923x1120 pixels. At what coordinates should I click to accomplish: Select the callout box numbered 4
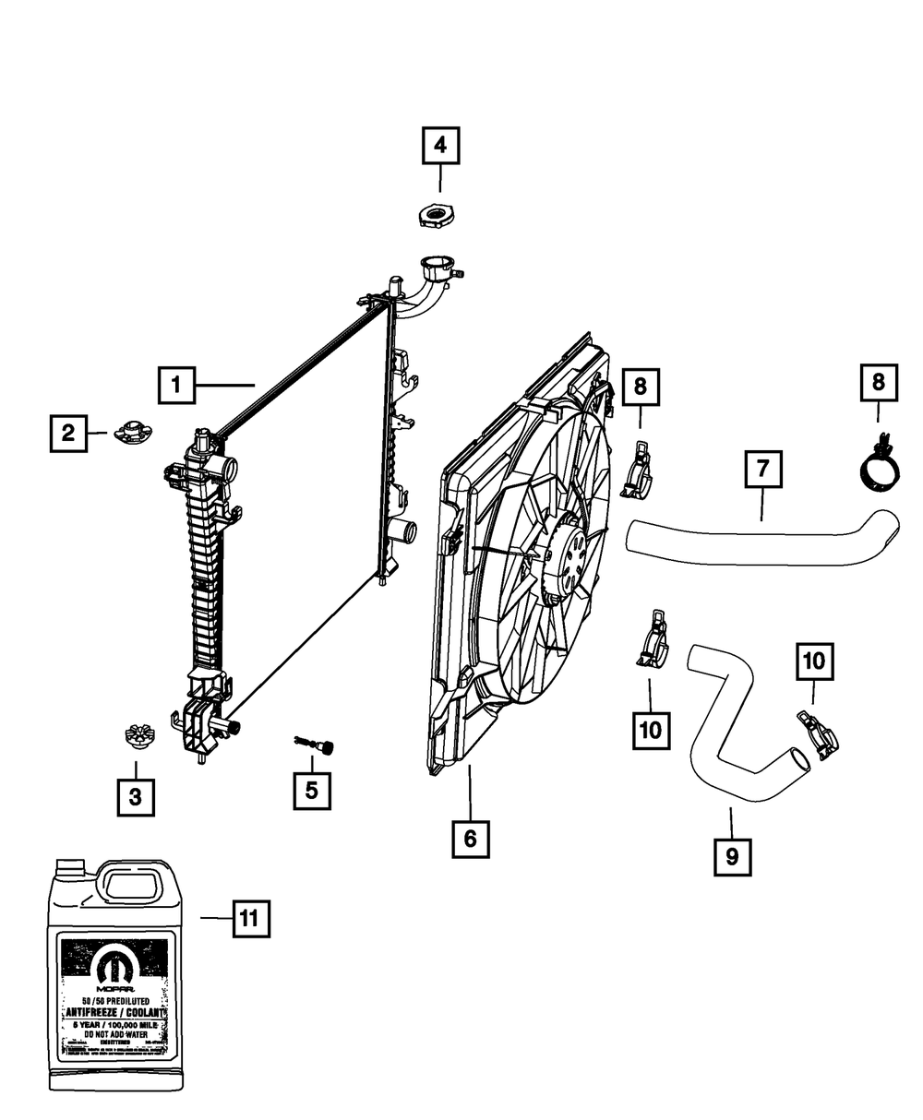[440, 145]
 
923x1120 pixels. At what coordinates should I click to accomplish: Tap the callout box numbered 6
[470, 839]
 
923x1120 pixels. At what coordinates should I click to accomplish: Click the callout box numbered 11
[249, 919]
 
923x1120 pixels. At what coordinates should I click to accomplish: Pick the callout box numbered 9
[732, 856]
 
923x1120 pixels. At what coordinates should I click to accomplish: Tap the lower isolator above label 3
[137, 738]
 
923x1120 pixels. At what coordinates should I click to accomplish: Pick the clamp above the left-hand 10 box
[652, 638]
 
